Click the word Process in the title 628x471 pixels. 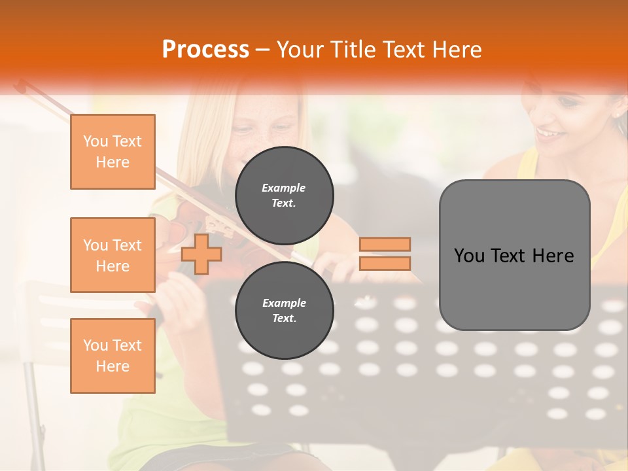205,50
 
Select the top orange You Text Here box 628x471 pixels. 113,152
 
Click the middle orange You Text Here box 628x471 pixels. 113,255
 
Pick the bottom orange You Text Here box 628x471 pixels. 113,356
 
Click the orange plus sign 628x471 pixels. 201,254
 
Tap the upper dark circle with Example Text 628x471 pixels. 284,196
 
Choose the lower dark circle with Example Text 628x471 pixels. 284,311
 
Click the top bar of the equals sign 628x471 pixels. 385,245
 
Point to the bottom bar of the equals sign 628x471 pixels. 385,263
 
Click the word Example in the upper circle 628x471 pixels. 284,188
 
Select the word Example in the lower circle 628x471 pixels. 284,304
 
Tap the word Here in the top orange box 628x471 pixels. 113,162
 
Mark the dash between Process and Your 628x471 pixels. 263,50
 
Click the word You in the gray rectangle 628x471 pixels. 470,256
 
